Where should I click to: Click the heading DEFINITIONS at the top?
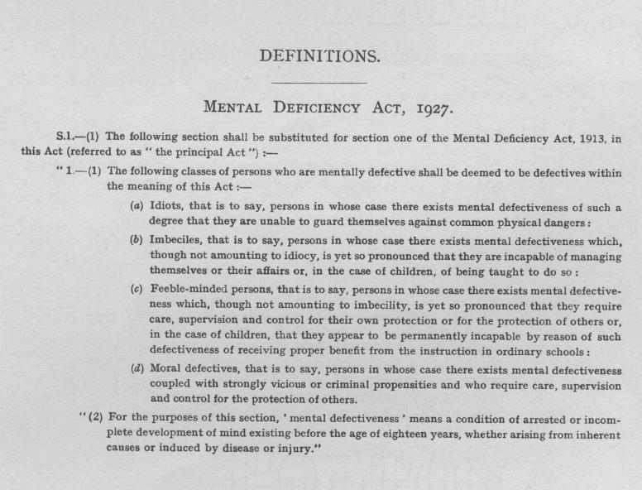[x=320, y=56]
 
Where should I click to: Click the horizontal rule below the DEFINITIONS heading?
[x=319, y=82]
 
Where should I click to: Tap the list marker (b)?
[x=137, y=240]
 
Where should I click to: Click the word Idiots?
[x=166, y=207]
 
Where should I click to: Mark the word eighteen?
[x=395, y=435]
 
